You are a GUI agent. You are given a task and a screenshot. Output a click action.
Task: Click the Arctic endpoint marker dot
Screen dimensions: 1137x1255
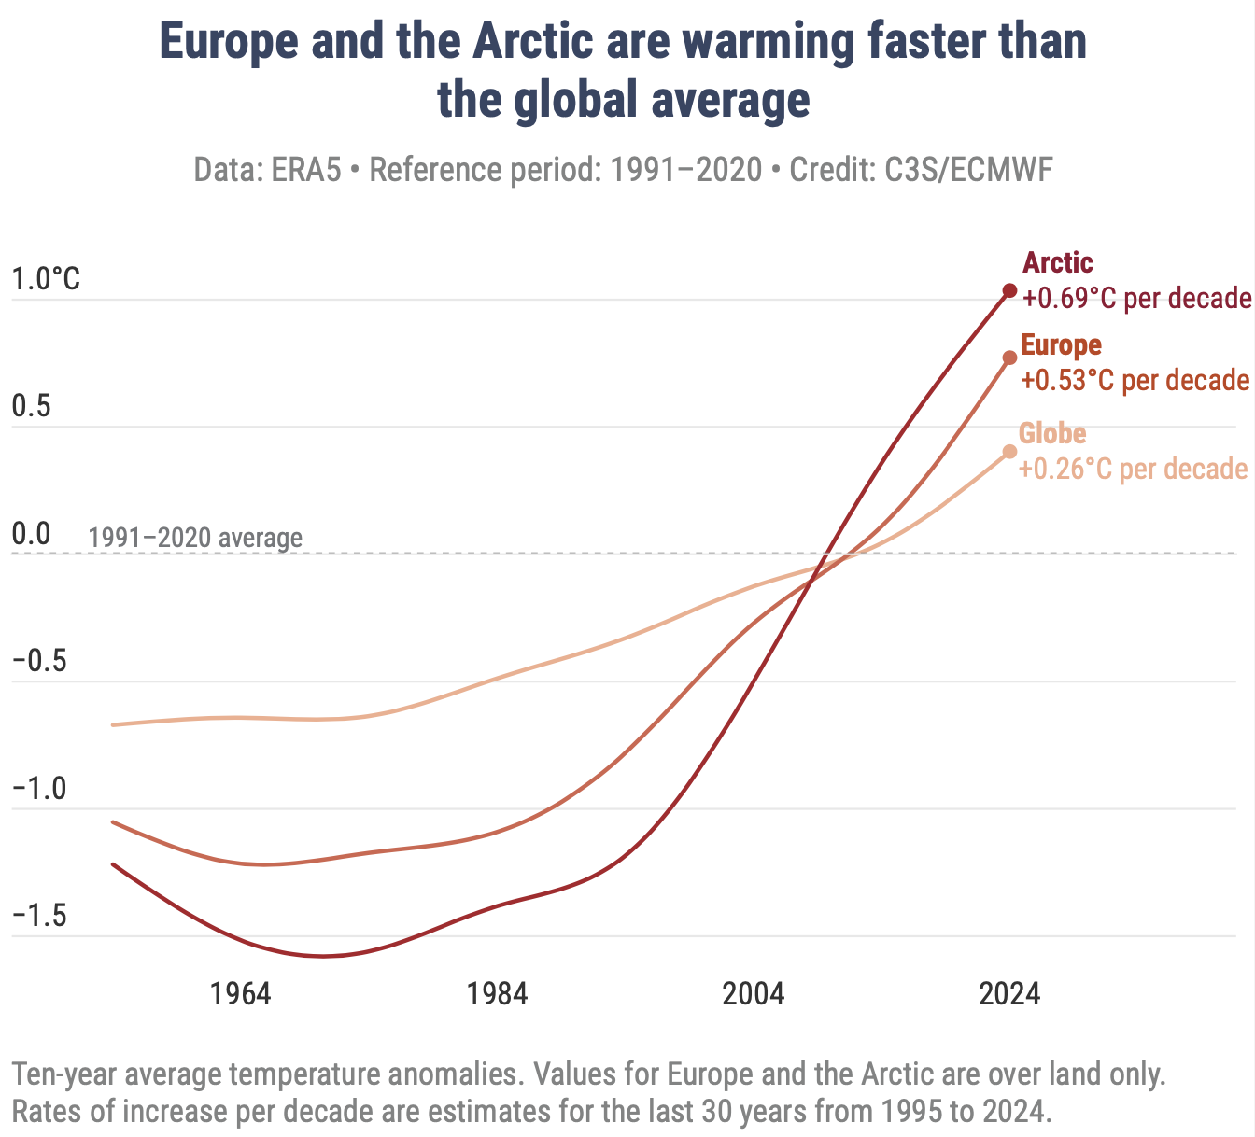(1009, 290)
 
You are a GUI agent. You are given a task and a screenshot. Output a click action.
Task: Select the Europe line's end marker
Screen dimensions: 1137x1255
(1009, 358)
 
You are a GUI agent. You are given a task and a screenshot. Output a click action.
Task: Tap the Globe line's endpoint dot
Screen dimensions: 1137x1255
(1009, 452)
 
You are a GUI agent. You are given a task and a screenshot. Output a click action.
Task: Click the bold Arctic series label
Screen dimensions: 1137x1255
(1058, 263)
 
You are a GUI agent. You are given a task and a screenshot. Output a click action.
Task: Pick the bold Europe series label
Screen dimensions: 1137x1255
(1061, 345)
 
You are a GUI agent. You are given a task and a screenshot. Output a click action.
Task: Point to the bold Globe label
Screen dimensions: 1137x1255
(1052, 434)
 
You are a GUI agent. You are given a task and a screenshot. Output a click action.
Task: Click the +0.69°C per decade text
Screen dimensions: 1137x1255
(1136, 299)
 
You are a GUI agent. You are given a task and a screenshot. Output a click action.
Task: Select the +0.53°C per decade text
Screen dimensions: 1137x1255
(1135, 381)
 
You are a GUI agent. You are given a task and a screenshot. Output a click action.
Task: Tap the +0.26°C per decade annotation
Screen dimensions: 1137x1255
(1133, 469)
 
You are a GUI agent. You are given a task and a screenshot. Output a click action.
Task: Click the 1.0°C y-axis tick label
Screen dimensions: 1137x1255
(46, 279)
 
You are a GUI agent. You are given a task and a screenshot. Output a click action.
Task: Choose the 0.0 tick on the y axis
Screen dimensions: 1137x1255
(32, 535)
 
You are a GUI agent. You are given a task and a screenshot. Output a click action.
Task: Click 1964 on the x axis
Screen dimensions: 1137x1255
(241, 993)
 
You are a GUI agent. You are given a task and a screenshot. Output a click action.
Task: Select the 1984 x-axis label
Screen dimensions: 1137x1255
(498, 993)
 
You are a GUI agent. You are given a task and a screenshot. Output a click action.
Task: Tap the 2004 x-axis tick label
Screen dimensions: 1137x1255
(754, 993)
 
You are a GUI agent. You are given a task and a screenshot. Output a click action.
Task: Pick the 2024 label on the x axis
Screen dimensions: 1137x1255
(1009, 993)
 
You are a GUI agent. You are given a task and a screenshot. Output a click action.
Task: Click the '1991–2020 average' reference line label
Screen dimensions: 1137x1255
(195, 539)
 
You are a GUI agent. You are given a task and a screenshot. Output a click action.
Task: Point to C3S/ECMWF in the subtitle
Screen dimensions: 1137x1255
(969, 171)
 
